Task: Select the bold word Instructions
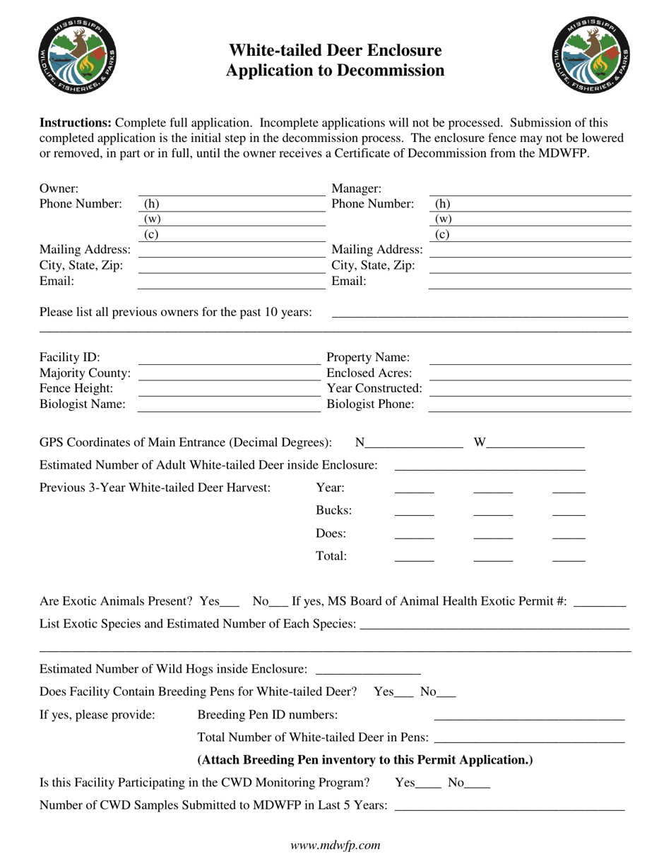click(x=76, y=123)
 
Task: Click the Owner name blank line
click(x=231, y=190)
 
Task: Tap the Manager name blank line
click(x=530, y=190)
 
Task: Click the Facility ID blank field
click(x=229, y=358)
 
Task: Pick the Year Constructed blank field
click(x=530, y=390)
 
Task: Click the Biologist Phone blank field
click(x=530, y=406)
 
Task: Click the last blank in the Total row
click(x=569, y=557)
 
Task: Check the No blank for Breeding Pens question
click(x=447, y=694)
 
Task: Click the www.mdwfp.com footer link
click(x=335, y=845)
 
